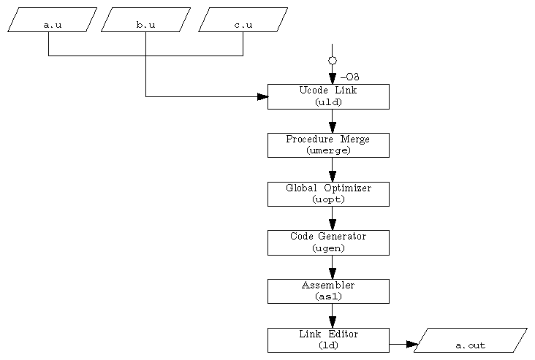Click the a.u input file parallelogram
click(52, 20)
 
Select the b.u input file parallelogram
click(145, 20)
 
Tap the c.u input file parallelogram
click(243, 20)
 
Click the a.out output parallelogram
click(470, 340)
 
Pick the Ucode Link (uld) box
click(328, 96)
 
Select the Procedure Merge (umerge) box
click(328, 145)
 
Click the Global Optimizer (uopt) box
click(328, 194)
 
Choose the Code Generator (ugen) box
click(328, 242)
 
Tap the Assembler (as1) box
click(328, 291)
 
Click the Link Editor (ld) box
click(328, 340)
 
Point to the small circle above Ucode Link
click(333, 61)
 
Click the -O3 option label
click(349, 77)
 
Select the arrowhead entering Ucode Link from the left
click(262, 96)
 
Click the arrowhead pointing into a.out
click(411, 344)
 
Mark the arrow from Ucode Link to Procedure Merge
click(333, 122)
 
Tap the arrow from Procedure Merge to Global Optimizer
click(333, 171)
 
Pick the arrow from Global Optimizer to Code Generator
click(333, 219)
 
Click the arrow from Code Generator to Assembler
click(333, 268)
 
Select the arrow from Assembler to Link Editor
click(333, 317)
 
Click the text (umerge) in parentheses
click(328, 150)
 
